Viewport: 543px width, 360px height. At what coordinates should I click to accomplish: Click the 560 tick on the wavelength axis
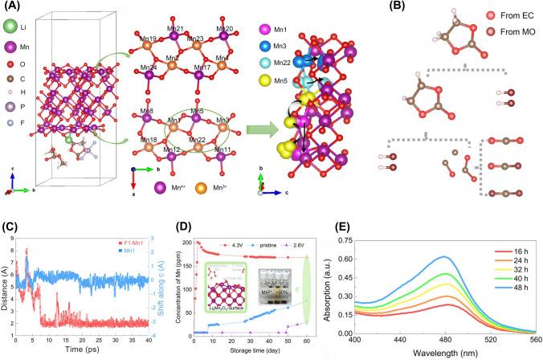533,340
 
